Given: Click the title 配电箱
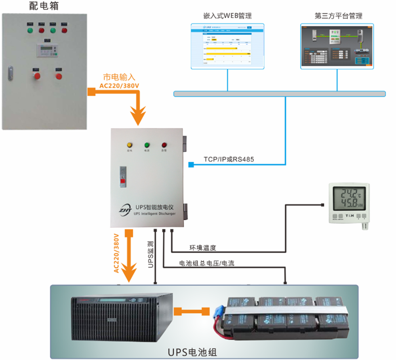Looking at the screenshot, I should (44, 6).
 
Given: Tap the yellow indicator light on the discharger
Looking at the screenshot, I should (129, 145).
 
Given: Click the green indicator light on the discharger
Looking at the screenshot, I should (147, 145).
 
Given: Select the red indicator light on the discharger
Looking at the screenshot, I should (164, 145).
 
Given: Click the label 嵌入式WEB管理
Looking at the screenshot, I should (227, 16).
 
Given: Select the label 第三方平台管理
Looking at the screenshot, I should (338, 16).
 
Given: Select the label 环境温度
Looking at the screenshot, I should (203, 248).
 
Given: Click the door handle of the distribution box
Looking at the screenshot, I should (11, 73).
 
